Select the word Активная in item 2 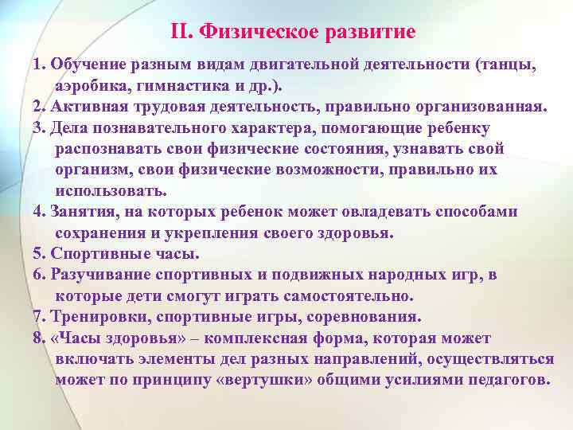87,107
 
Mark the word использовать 111,190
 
